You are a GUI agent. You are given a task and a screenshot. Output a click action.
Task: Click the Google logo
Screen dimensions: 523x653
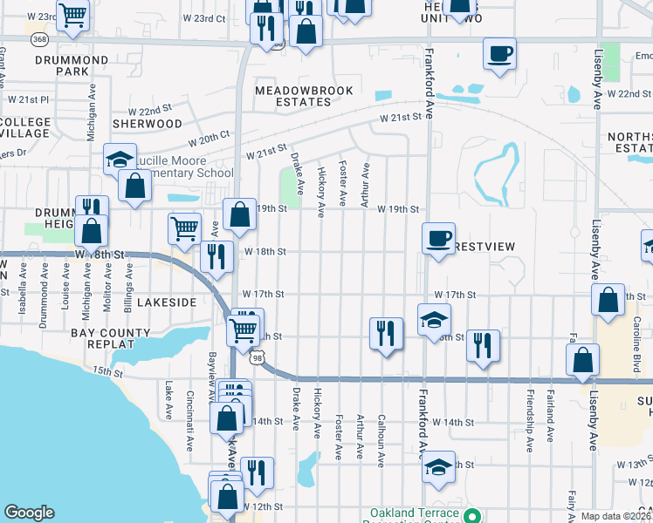29,513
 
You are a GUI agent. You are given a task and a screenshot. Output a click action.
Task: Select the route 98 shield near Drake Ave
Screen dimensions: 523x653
256,357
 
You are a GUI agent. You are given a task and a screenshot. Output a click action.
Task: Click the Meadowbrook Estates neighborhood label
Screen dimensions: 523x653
293,95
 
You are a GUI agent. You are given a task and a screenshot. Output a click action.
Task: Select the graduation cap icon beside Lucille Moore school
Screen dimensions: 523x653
120,159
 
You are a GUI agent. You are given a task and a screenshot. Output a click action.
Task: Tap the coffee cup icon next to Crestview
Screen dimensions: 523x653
439,237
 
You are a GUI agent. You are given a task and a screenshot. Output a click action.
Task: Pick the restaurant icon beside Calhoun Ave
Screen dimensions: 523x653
386,333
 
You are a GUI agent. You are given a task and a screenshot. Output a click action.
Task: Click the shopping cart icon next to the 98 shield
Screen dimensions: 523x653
243,330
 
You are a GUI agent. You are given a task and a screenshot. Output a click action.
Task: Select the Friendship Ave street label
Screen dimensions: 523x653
529,428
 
